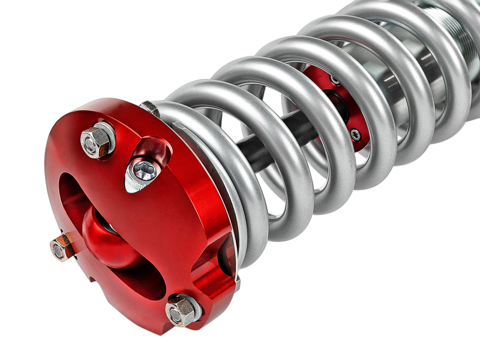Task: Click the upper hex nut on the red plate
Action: point(95,142)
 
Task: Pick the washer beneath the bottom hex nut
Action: point(191,304)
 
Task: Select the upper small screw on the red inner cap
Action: point(334,79)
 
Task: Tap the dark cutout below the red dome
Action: point(144,282)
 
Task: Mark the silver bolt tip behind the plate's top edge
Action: point(150,108)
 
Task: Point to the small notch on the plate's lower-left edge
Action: point(92,278)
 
